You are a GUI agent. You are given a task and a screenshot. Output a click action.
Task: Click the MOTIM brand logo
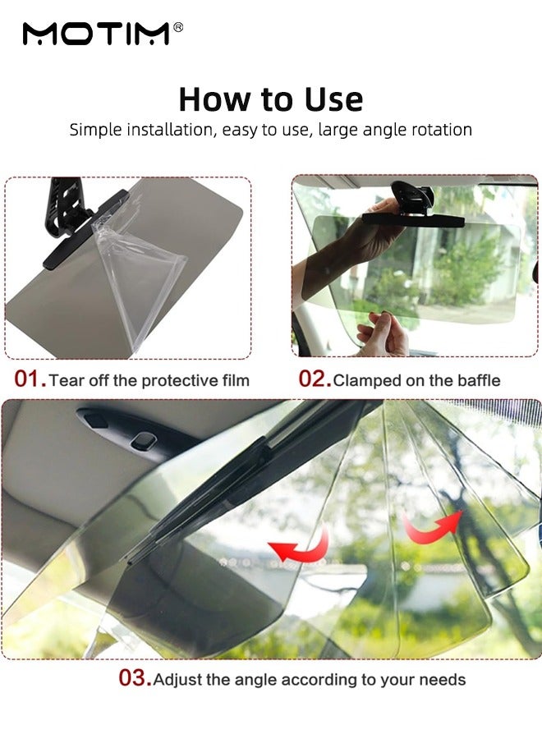point(96,34)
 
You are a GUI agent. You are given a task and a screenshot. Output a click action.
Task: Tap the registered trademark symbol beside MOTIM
point(178,28)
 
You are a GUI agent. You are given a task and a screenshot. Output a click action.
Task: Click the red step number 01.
point(30,379)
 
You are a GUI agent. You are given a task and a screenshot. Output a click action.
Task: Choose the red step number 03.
point(135,679)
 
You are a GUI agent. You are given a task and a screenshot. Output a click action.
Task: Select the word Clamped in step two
point(365,380)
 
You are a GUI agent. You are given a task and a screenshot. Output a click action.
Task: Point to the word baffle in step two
point(478,380)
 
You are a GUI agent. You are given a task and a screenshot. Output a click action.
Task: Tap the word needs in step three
point(444,680)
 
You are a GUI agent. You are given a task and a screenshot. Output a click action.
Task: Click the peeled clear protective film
point(144,279)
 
